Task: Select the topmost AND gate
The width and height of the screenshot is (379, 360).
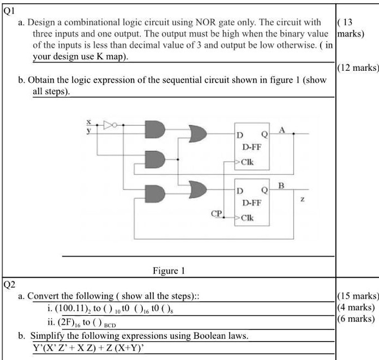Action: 155,129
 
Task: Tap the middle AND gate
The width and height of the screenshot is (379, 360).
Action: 155,158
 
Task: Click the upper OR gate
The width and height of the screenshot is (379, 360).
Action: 197,132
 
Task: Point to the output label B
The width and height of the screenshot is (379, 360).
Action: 281,185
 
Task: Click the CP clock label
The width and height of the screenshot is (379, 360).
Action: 216,215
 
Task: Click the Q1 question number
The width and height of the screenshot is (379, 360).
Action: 9,10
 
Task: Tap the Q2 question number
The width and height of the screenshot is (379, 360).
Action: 9,284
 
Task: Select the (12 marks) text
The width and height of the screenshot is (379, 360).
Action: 358,68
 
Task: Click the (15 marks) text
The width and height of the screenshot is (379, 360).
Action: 358,296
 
